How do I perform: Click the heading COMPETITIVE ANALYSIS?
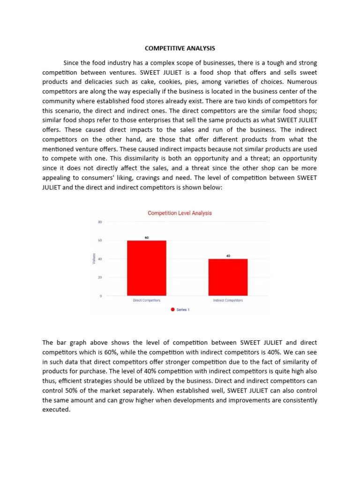(x=180, y=48)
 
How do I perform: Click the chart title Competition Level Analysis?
(x=180, y=213)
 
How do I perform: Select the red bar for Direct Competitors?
(x=147, y=268)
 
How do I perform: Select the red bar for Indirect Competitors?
(x=228, y=277)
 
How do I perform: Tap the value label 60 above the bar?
(x=147, y=238)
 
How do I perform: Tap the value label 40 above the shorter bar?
(x=228, y=256)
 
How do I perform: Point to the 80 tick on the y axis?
(x=100, y=222)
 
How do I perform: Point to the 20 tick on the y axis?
(x=100, y=277)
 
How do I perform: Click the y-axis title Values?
(x=94, y=258)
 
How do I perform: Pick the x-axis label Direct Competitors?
(x=147, y=300)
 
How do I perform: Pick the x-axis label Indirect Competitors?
(x=228, y=300)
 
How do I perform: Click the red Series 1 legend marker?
(x=172, y=310)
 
